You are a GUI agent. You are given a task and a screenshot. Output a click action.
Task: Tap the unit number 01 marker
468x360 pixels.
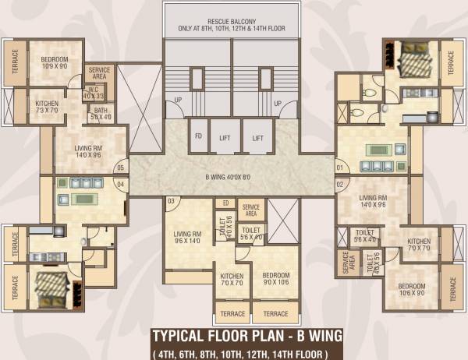point(339,168)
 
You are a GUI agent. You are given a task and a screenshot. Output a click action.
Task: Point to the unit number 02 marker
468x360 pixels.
point(339,184)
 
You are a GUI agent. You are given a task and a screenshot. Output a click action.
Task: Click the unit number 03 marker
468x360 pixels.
point(172,202)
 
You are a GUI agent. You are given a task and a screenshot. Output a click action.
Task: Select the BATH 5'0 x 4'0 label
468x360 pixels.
point(101,114)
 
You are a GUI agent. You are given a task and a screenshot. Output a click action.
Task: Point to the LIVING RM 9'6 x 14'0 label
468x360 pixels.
point(188,237)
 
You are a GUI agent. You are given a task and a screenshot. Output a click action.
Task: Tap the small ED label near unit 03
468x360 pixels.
point(225,204)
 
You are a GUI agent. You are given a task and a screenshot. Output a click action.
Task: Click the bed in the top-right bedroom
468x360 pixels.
point(409,58)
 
